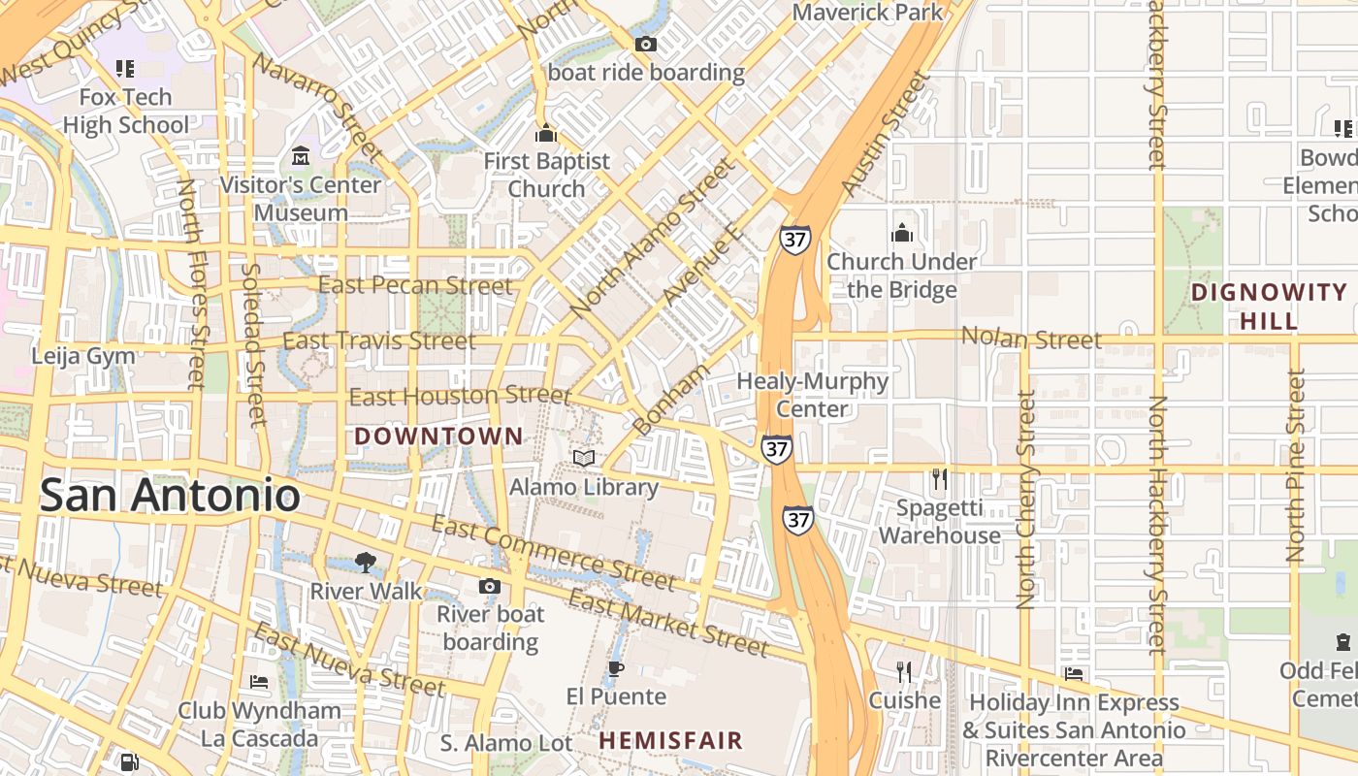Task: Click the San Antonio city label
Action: (x=170, y=495)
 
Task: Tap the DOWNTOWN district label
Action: (x=438, y=436)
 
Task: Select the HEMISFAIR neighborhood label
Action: (x=670, y=741)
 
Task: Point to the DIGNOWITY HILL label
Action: (x=1269, y=307)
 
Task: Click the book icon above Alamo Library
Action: (x=584, y=458)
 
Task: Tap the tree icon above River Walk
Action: (x=366, y=562)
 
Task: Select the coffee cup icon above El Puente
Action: (x=615, y=668)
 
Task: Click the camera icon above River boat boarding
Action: (x=490, y=586)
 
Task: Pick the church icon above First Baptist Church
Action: (x=546, y=133)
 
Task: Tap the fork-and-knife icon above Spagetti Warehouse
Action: (x=939, y=479)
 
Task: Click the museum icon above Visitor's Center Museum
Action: (x=301, y=156)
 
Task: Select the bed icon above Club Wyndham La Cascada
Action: (x=259, y=682)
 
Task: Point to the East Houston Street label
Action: (x=460, y=396)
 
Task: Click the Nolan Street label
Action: (x=1031, y=339)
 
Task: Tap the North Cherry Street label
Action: (x=1026, y=500)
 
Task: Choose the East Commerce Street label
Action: (x=552, y=553)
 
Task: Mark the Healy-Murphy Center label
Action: (x=812, y=395)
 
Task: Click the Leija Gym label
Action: (x=83, y=356)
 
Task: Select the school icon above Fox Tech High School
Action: (x=125, y=69)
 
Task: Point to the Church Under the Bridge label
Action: (x=901, y=275)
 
